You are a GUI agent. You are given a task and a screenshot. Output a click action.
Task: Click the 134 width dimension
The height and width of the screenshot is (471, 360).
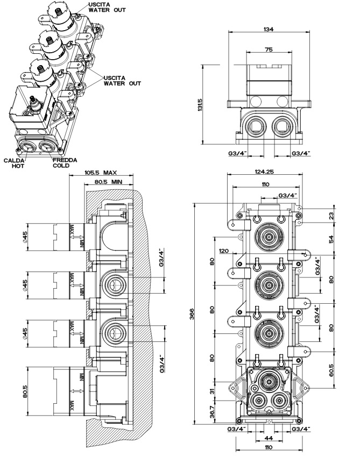point(269,29)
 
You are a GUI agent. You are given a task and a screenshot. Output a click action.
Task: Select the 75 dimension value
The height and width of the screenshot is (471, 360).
point(269,49)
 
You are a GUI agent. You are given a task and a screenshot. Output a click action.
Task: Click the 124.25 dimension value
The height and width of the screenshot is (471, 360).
point(264,172)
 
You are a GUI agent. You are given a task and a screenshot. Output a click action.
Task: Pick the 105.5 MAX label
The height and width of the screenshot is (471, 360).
point(101,173)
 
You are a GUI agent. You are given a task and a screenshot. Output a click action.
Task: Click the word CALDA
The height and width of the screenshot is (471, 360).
point(14,161)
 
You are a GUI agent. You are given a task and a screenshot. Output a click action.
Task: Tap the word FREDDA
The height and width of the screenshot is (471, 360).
point(65,160)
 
